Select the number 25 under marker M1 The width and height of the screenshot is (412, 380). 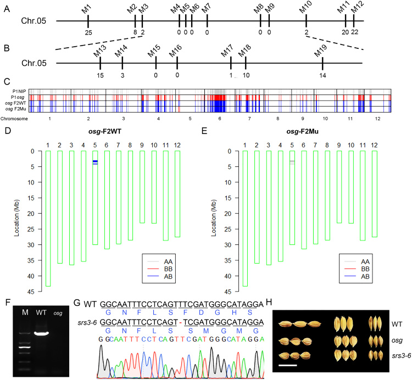[x=88, y=32]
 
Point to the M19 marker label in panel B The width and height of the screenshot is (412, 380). [x=321, y=52]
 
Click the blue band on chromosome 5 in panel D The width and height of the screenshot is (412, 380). [x=95, y=161]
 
